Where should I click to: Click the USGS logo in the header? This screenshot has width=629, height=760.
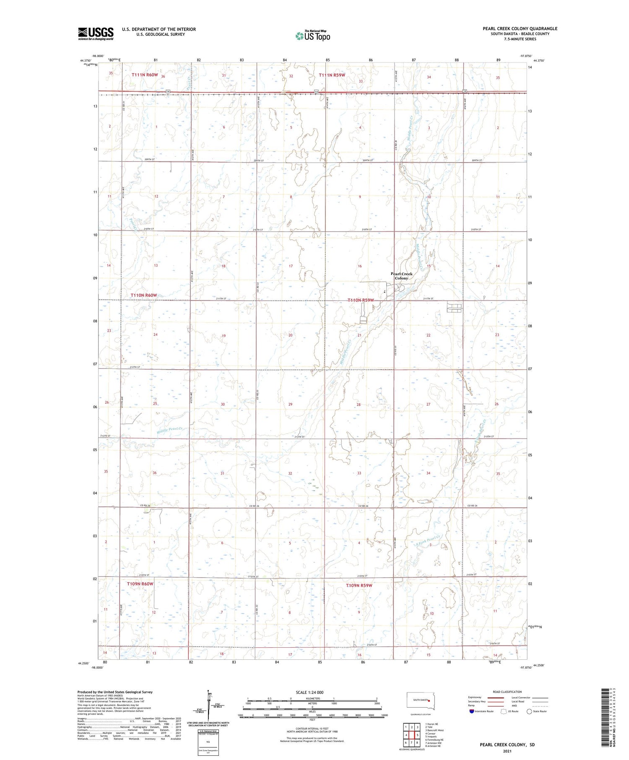(x=96, y=34)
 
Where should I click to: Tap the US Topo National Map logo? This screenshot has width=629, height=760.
(x=313, y=36)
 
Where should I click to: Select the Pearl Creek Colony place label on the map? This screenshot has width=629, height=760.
(x=401, y=276)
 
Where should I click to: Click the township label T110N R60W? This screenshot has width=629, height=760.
(x=144, y=295)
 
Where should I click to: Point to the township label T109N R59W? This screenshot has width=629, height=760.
(x=359, y=585)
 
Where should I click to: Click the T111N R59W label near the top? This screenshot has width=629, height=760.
(x=332, y=75)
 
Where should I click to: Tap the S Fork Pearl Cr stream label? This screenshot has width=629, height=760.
(x=427, y=540)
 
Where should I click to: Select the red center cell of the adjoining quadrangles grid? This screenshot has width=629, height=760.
(x=418, y=735)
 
